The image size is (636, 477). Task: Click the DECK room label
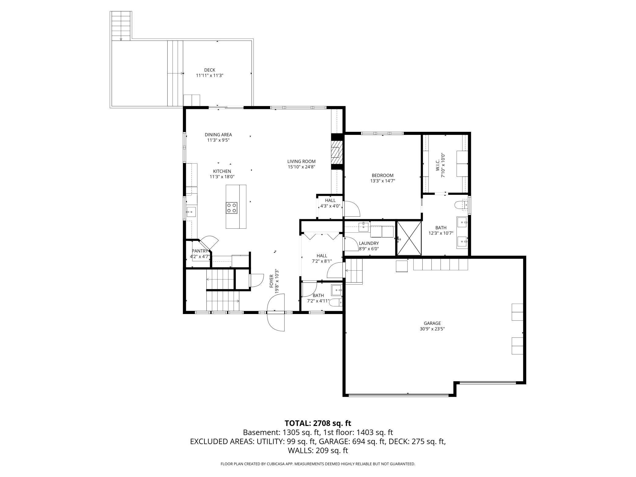pyautogui.click(x=210, y=70)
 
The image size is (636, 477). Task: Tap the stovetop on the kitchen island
pyautogui.click(x=231, y=208)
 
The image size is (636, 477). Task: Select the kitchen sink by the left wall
pyautogui.click(x=191, y=212)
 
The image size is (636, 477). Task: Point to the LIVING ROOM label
pyautogui.click(x=301, y=161)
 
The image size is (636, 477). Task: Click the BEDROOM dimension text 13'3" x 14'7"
pyautogui.click(x=383, y=181)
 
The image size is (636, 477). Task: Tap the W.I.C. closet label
pyautogui.click(x=438, y=165)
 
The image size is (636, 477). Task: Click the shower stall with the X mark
pyautogui.click(x=409, y=238)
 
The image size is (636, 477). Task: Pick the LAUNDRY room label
pyautogui.click(x=369, y=243)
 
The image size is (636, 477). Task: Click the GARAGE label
pyautogui.click(x=432, y=323)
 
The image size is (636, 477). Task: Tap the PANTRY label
pyautogui.click(x=200, y=251)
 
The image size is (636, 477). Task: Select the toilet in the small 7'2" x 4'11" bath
pyautogui.click(x=335, y=302)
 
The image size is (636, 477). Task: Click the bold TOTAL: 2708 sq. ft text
pyautogui.click(x=318, y=423)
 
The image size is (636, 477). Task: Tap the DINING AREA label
pyautogui.click(x=218, y=135)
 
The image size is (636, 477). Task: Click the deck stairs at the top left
pyautogui.click(x=121, y=26)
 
